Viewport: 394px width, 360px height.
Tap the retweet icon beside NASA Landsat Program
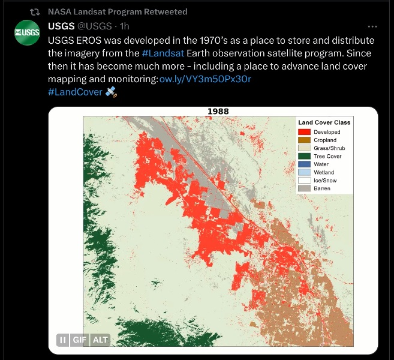click(35, 12)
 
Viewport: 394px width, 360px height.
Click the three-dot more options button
click(372, 27)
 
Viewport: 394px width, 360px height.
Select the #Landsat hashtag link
click(163, 53)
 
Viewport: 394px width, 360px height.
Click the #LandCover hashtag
click(75, 92)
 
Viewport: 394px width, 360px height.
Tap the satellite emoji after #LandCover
click(111, 92)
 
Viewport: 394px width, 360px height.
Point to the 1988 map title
click(218, 111)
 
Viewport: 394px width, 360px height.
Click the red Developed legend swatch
click(304, 132)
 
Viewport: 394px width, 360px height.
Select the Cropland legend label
click(324, 140)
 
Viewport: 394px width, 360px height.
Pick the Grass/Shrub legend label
click(329, 148)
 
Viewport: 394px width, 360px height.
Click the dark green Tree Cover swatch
click(304, 156)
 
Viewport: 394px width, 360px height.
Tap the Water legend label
click(321, 164)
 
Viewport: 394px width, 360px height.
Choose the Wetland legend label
click(324, 172)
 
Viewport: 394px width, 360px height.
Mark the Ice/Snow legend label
click(325, 181)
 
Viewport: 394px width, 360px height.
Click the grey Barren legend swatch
click(304, 188)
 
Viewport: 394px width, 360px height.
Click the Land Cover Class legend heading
click(324, 122)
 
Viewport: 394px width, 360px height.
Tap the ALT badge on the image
click(100, 340)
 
